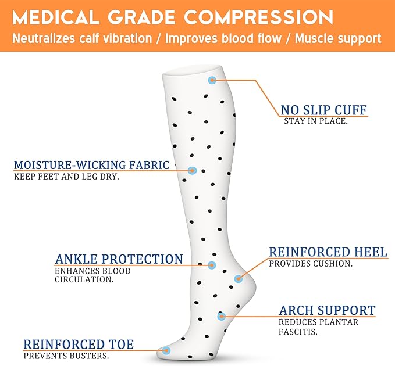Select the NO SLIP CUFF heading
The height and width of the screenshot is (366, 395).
pos(324,110)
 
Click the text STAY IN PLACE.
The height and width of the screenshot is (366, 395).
pos(316,121)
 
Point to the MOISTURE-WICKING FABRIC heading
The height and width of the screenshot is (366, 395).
pos(92,165)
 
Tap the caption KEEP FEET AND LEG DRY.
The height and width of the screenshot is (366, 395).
pos(66,177)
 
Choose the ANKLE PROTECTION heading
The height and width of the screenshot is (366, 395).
pos(119,259)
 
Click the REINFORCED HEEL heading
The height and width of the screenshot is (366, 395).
pos(328,252)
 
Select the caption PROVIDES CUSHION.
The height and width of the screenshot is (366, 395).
pos(311,263)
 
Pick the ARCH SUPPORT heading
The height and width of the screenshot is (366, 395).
pos(327,310)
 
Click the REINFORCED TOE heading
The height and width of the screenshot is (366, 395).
pos(79,345)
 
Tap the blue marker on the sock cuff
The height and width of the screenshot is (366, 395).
pos(212,80)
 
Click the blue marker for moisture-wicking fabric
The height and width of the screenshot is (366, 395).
pos(193,170)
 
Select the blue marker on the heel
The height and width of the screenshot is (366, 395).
pos(238,279)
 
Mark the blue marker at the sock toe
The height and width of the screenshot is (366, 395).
pos(166,350)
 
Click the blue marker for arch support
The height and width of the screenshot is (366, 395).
pos(222,316)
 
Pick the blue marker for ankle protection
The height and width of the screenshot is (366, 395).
pos(212,265)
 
